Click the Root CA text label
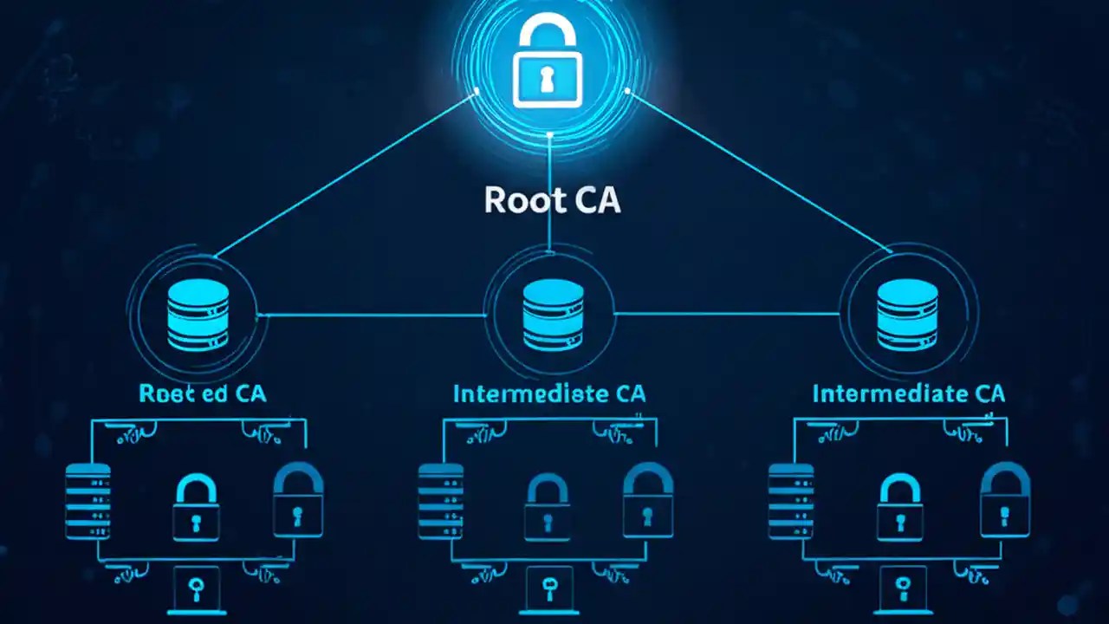(552, 199)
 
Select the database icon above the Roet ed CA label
(198, 315)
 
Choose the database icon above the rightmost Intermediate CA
(907, 315)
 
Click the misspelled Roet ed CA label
(203, 393)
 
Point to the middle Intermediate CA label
(549, 393)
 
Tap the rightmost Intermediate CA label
(909, 393)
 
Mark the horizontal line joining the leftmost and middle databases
(373, 315)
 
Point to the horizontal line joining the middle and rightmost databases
(728, 314)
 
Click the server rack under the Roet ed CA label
(88, 501)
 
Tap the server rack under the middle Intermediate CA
(440, 501)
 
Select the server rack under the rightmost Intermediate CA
(791, 501)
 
